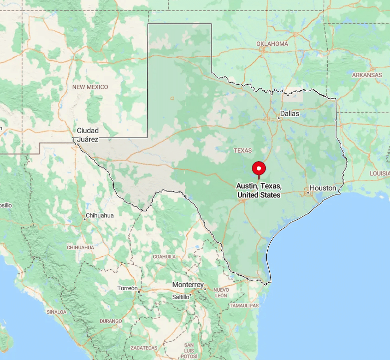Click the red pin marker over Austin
tap(259, 169)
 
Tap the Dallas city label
tap(289, 114)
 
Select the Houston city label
tap(323, 188)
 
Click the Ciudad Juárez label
tap(87, 135)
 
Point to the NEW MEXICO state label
tap(90, 87)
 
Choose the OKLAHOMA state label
tap(272, 44)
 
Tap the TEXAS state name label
tap(243, 151)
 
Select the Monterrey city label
tap(188, 285)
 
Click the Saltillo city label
tap(181, 297)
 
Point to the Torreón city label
tap(127, 289)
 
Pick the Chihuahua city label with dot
tap(100, 216)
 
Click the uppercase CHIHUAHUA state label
tap(80, 247)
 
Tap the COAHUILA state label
tap(164, 257)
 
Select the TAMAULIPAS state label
tap(244, 305)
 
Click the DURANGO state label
tap(110, 321)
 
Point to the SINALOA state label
tap(56, 312)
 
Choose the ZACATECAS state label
tap(143, 348)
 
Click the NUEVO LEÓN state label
tap(221, 293)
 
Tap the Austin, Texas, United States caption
tap(259, 190)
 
